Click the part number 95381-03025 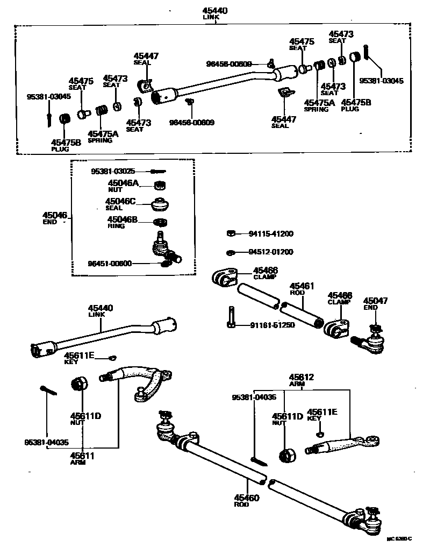point(112,172)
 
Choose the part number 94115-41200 point(271,234)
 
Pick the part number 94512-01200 point(271,252)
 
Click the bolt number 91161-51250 point(272,325)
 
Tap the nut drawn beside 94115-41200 point(230,233)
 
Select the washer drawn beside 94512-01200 point(230,252)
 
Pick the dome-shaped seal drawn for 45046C point(159,205)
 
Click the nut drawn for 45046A point(159,186)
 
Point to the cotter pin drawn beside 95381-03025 point(157,172)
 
